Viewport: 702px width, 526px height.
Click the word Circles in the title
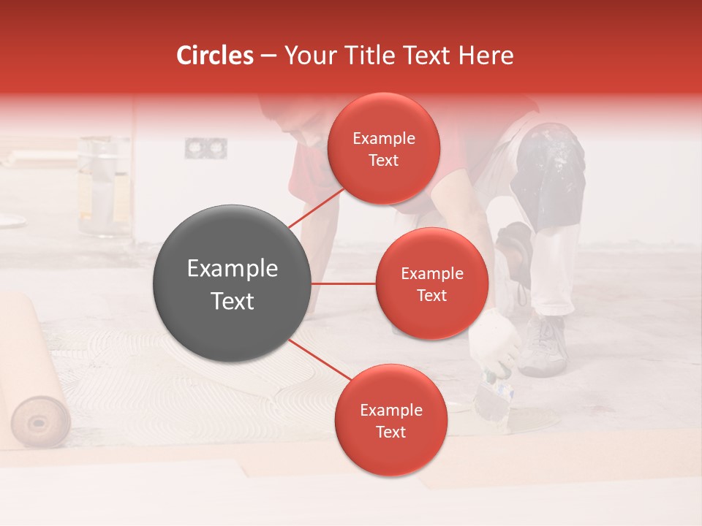[214, 56]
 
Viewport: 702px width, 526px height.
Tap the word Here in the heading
[486, 56]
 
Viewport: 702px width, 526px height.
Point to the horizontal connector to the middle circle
[344, 283]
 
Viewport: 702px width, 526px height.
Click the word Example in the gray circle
[232, 269]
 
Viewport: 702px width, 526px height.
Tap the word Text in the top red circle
[383, 161]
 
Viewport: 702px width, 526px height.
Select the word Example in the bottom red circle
[390, 410]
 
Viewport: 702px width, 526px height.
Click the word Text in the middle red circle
[431, 295]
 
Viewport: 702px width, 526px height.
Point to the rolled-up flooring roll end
[41, 421]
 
